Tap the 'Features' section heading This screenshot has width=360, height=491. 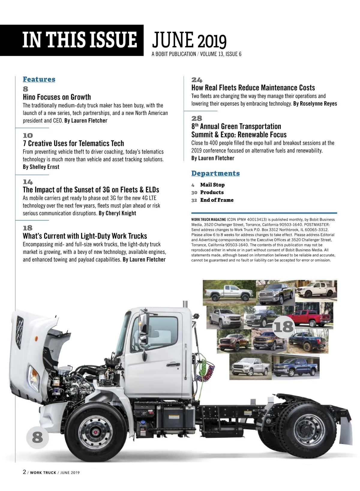pos(39,79)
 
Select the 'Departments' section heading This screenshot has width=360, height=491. pos(215,173)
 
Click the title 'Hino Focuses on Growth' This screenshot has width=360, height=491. pos(57,97)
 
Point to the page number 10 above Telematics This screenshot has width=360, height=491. pos(28,135)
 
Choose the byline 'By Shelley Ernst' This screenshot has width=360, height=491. pos(41,167)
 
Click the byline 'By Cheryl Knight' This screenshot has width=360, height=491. pos(117,213)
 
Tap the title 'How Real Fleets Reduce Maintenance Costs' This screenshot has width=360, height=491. pos(253,88)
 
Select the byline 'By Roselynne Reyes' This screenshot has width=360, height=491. pos(315,104)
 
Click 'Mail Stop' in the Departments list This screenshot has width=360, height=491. pos(212,185)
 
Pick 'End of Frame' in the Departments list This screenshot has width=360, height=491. pos(217,200)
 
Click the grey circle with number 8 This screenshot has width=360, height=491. pos(37,437)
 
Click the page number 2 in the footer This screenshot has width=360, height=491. pos(24,472)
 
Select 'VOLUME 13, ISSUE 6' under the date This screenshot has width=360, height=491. pos(220,54)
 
